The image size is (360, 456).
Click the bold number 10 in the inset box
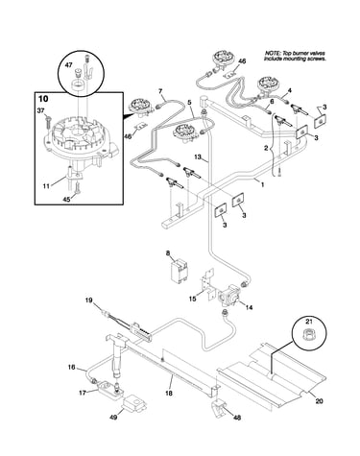point(43,99)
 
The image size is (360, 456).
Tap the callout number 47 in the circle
point(68,65)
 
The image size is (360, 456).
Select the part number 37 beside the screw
point(41,110)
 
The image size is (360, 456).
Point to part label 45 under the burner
point(66,199)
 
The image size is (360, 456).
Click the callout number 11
point(46,185)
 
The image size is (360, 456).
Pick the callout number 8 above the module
point(167,253)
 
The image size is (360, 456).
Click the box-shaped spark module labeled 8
point(179,271)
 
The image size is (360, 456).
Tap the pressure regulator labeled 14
point(228,296)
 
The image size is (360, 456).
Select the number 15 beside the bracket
point(192,299)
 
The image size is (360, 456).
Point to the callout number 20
point(319,400)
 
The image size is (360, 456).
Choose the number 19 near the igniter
point(88,300)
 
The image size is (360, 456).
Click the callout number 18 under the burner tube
point(169,393)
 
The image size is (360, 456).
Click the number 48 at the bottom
point(237,418)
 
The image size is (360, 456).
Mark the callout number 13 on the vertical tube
point(198,156)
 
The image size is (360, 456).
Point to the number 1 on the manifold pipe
point(262,184)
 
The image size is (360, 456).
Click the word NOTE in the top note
point(272,54)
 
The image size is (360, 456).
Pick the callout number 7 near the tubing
point(160,91)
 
